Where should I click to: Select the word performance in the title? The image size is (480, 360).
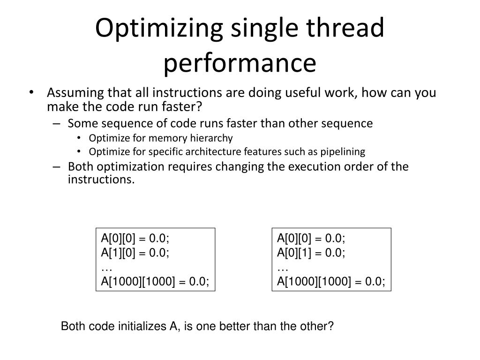point(240,63)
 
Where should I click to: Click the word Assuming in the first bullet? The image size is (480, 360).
point(75,93)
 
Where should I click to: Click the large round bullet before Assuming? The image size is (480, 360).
point(31,93)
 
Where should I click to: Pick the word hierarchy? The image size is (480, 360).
point(210,138)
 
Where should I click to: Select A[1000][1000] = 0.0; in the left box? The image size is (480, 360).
point(155,281)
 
